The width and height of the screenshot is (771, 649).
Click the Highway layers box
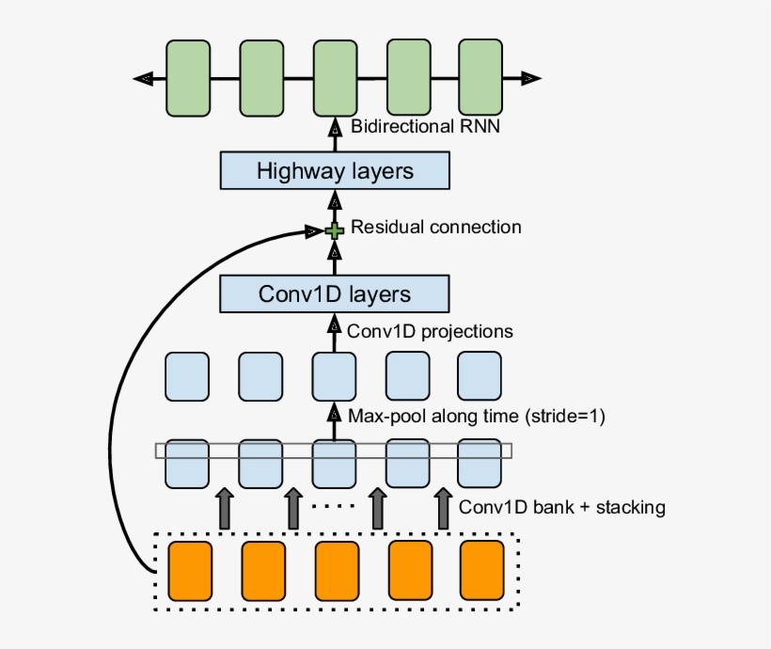point(335,171)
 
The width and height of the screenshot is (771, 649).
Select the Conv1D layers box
point(335,293)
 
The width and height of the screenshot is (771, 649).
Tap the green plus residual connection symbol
point(334,230)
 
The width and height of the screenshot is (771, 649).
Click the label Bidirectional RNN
point(424,126)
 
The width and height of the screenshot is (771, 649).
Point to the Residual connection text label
point(435,228)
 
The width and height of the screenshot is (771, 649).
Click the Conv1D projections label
point(430,331)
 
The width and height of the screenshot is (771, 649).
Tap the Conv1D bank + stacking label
point(562,507)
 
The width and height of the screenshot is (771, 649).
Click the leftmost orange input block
point(190,571)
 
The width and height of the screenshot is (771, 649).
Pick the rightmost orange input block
point(482,571)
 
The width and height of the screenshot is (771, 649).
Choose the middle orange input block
point(337,571)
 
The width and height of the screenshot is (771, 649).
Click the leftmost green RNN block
point(188,78)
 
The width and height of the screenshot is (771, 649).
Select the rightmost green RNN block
point(481,78)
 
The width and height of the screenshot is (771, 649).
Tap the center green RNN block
point(335,78)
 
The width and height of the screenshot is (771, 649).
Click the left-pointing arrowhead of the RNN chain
point(143,78)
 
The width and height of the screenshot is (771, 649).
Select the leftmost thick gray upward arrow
point(224,508)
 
